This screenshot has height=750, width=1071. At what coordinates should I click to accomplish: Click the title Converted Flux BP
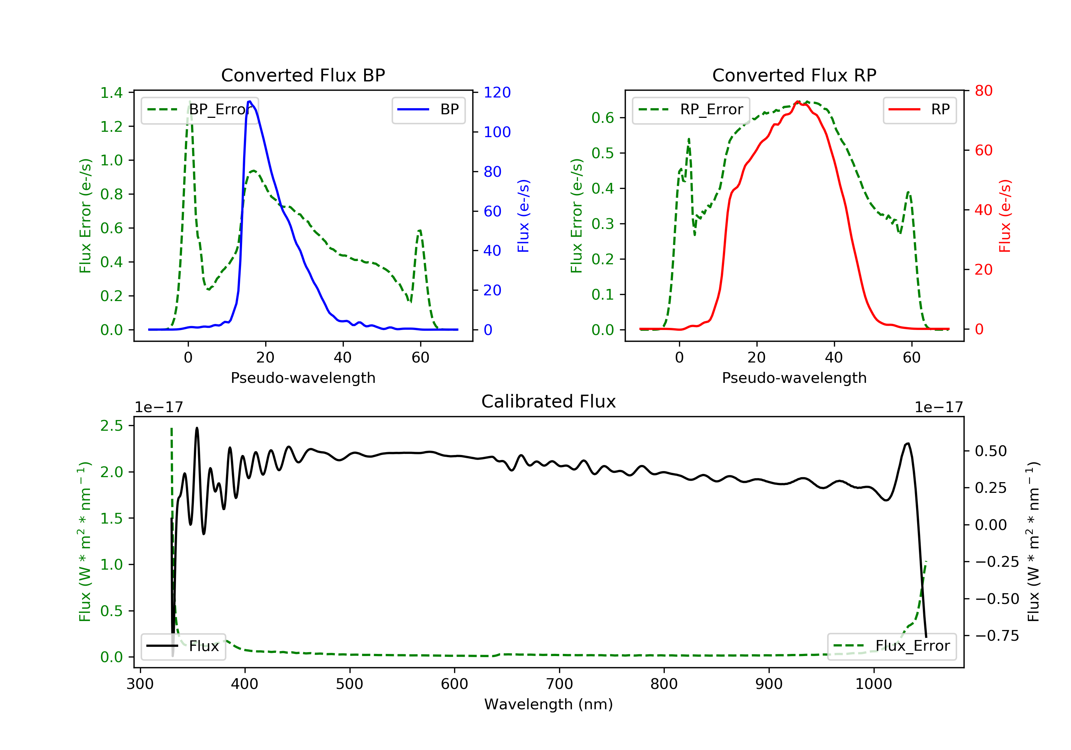click(x=303, y=75)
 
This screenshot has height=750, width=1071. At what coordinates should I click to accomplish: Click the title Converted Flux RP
click(x=794, y=75)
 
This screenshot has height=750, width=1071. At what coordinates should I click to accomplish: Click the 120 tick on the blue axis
click(x=497, y=92)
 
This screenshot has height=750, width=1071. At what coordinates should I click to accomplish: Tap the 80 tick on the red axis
click(x=983, y=91)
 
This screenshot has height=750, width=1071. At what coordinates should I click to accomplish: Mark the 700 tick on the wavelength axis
click(x=559, y=684)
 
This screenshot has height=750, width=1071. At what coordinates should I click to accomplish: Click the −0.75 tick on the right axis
click(x=997, y=636)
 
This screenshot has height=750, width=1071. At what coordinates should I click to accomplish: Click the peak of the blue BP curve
click(x=250, y=101)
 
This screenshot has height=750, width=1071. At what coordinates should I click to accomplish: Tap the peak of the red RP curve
click(x=798, y=102)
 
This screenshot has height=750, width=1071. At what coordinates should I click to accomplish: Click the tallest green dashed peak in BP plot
click(x=189, y=102)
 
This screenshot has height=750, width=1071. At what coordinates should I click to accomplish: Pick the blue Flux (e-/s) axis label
click(x=523, y=216)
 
